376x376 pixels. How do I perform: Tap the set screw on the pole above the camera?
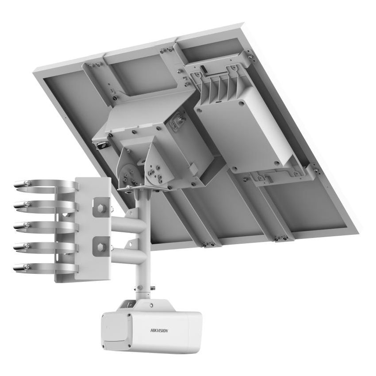coord(152,288)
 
